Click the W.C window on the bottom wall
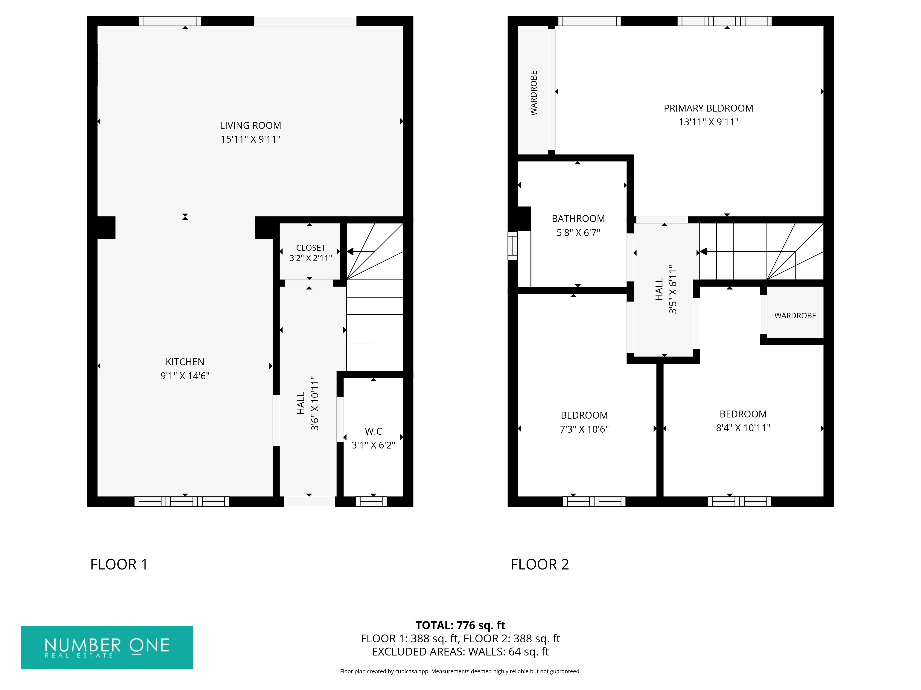[x=371, y=502]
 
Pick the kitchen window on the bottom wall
[x=181, y=502]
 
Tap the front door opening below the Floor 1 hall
[x=309, y=502]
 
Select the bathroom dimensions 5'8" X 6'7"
[x=578, y=233]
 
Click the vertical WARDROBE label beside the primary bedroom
[x=534, y=93]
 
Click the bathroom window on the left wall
[x=513, y=245]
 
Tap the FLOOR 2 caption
[x=540, y=564]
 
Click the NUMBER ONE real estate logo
[x=107, y=648]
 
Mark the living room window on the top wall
[x=170, y=21]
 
